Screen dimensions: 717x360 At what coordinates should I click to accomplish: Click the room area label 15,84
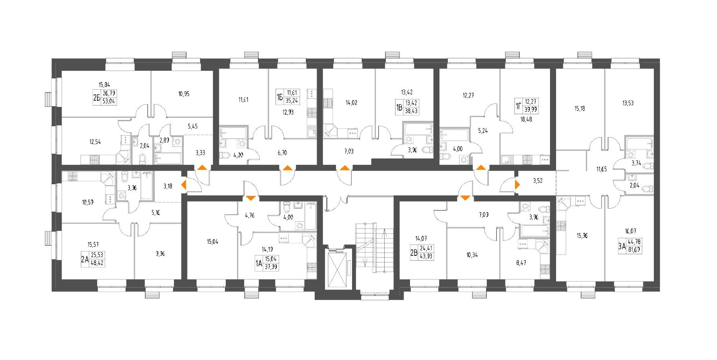(x=104, y=84)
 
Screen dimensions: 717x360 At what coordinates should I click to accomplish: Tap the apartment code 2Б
(x=96, y=98)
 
